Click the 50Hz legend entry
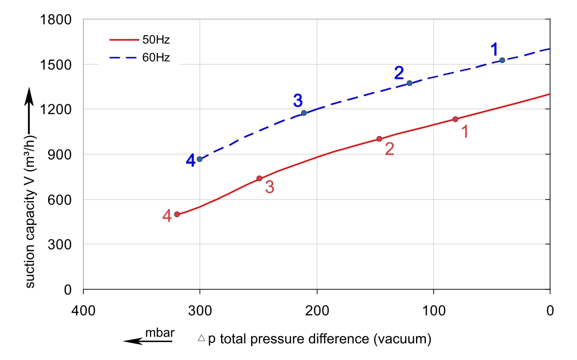coord(140,40)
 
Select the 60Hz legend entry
coord(140,57)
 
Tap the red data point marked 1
coord(455,119)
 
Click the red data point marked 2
coord(379,139)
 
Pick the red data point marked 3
coord(259,178)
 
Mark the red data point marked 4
coord(177,214)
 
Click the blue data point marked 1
coord(502,60)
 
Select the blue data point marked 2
coord(409,83)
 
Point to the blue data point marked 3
coord(304,113)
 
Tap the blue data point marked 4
coord(200,159)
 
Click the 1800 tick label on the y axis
coord(56,20)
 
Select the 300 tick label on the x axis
coord(200,309)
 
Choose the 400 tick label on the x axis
coord(83,309)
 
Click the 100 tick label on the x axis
coord(433,309)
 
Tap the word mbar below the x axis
coord(160,333)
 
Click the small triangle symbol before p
coord(201,339)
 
